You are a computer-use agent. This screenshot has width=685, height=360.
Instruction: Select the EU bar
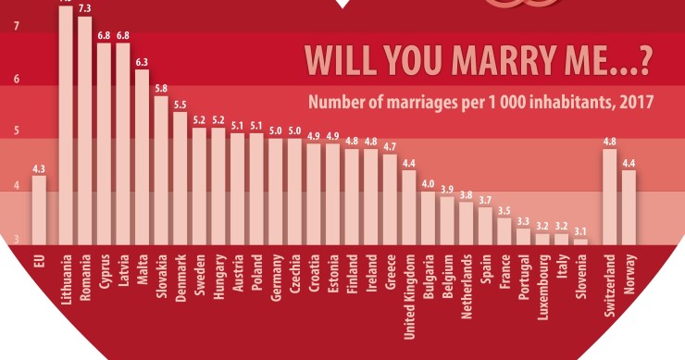point(38,209)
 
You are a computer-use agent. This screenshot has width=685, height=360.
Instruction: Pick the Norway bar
point(629,207)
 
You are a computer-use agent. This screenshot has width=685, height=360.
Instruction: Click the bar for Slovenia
point(580,242)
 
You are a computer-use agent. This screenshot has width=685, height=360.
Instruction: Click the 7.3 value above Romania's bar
point(84,9)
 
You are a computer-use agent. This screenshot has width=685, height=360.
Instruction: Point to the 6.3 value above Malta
point(142,62)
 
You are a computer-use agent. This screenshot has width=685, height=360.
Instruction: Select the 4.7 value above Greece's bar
point(390,146)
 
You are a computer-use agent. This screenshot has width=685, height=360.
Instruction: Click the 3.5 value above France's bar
point(504,210)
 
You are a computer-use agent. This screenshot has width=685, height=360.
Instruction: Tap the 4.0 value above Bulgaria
point(428,183)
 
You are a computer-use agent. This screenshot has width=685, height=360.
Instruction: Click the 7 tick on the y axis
point(17,27)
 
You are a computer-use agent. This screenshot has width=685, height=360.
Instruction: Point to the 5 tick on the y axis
point(17,132)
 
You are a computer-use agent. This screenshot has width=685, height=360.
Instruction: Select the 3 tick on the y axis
point(17,240)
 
